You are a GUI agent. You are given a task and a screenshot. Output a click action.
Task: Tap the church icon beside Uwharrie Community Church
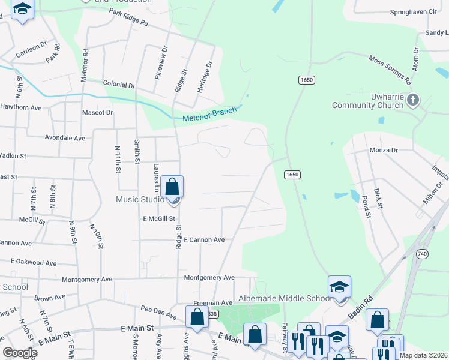tap(412, 99)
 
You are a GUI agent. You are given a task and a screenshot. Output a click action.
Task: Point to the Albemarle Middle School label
tap(285, 298)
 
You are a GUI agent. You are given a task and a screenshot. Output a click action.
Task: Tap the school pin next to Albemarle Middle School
tap(339, 287)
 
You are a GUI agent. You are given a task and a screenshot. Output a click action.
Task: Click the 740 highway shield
tap(421, 254)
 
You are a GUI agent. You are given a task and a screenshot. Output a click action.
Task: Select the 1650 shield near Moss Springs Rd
tap(306, 80)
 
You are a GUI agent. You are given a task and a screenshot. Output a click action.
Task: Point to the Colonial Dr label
tap(119, 86)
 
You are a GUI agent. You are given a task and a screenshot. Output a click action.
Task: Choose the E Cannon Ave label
tap(204, 239)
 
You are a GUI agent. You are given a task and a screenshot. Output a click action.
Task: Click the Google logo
tap(20, 353)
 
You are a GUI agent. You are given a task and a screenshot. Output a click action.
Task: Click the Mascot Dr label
tap(97, 112)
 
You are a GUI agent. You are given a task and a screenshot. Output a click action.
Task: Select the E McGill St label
tap(159, 219)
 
